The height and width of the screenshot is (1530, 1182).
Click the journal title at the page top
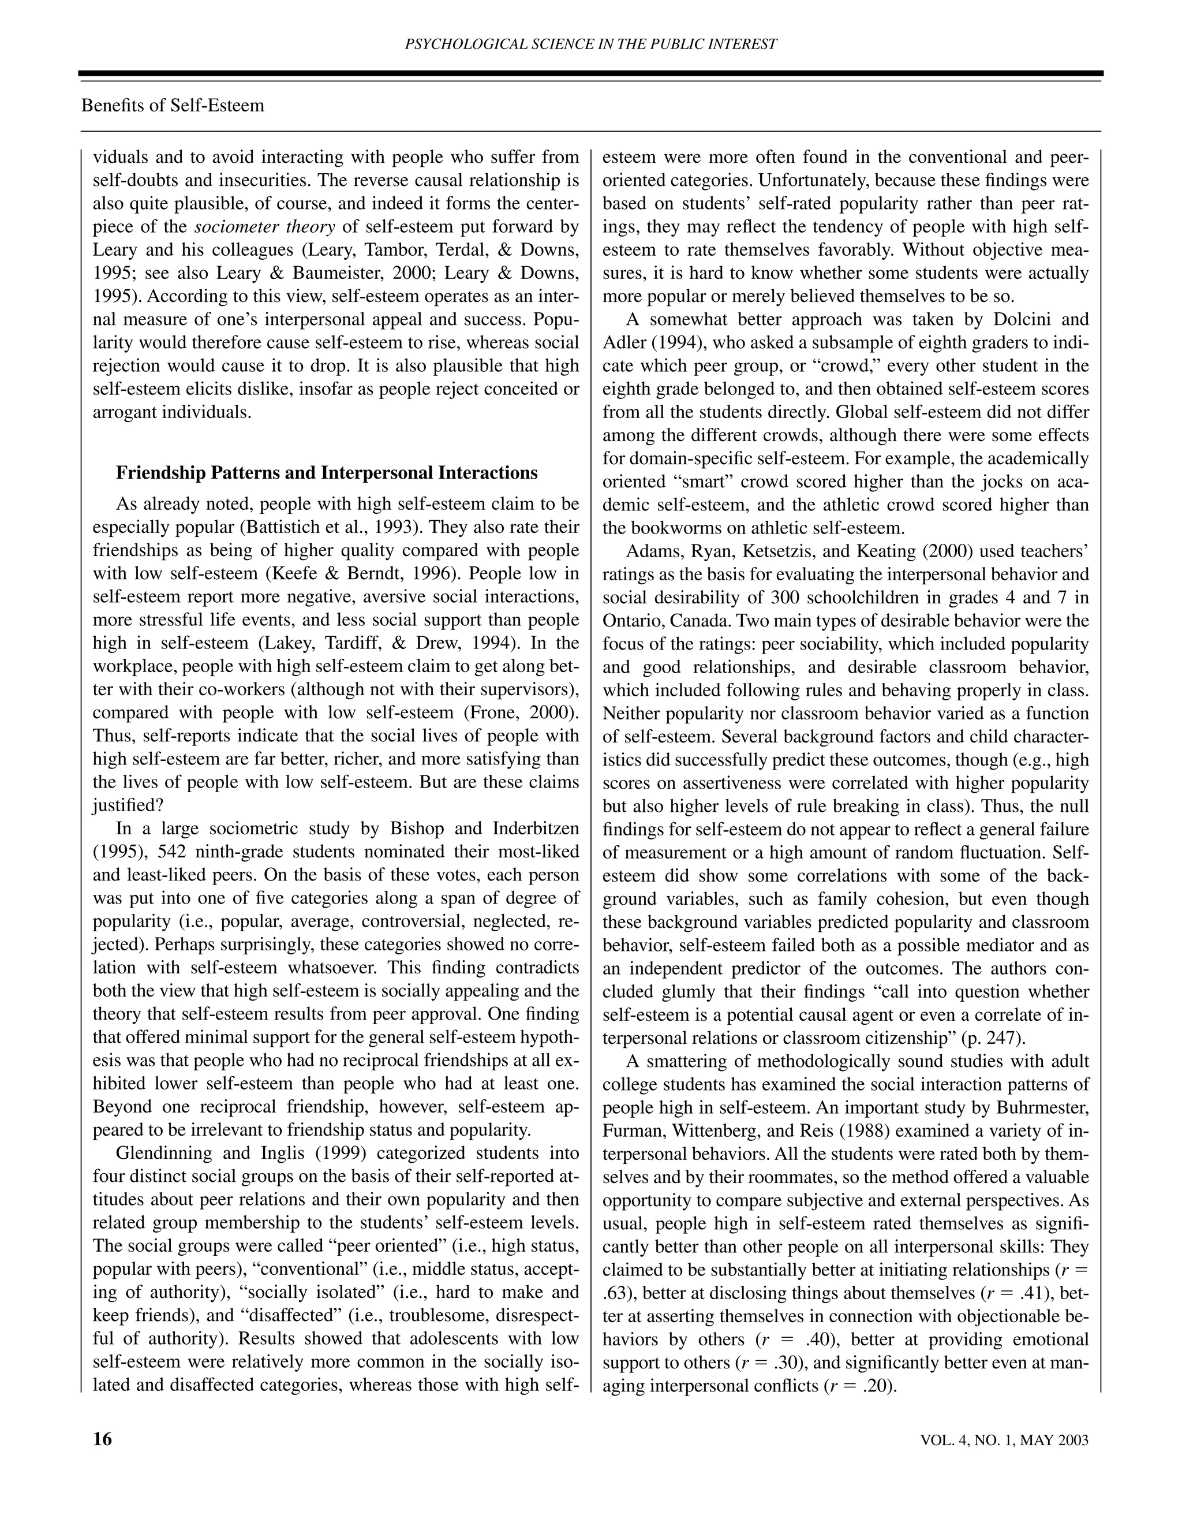click(x=591, y=44)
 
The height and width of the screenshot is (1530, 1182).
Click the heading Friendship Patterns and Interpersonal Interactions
click(x=326, y=473)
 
